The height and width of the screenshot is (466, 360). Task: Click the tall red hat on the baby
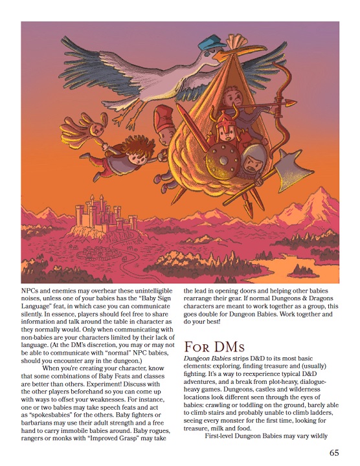pyautogui.click(x=163, y=117)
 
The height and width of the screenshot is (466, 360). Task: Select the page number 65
pyautogui.click(x=334, y=452)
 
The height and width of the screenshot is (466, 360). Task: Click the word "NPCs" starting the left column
pyautogui.click(x=30, y=292)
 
